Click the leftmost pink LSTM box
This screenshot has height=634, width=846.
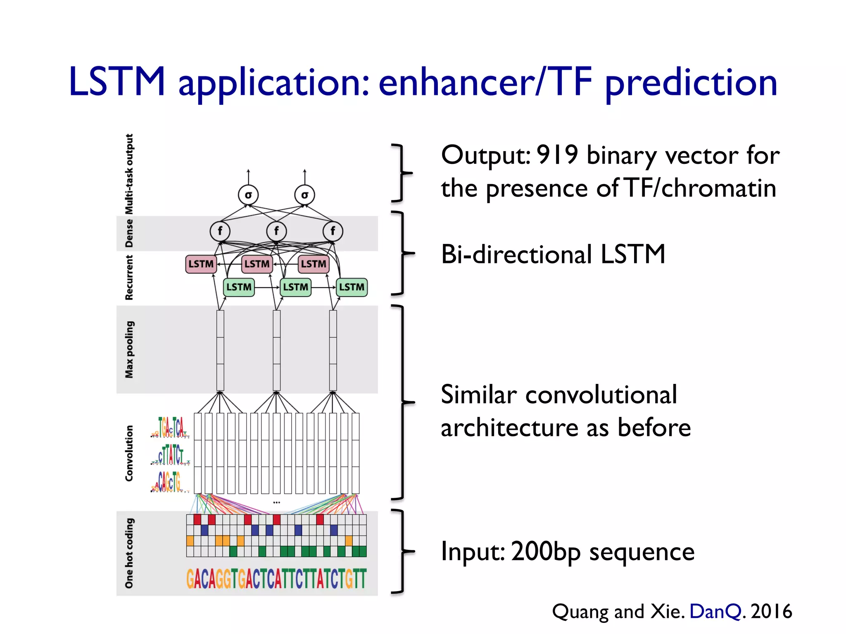tap(201, 264)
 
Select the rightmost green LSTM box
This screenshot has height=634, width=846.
tap(352, 287)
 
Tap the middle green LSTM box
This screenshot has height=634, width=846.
tap(295, 287)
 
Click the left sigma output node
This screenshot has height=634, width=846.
tap(248, 195)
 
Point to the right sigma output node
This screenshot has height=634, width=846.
tap(304, 195)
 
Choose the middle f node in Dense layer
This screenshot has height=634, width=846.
tap(276, 231)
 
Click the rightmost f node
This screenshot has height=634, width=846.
tap(333, 231)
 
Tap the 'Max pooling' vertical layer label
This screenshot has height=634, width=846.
tap(129, 349)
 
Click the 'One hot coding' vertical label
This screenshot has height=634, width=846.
tap(129, 553)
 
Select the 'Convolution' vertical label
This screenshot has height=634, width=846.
tap(129, 453)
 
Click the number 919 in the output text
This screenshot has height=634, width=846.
tap(557, 156)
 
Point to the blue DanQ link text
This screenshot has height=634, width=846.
tap(715, 611)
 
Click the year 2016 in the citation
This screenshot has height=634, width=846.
tap(771, 611)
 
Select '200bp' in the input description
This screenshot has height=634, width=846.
tap(546, 552)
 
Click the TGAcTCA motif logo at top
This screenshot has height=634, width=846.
tap(170, 427)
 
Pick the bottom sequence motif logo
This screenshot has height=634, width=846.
tap(169, 482)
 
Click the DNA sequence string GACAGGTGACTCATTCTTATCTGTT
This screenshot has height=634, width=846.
tap(276, 579)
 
